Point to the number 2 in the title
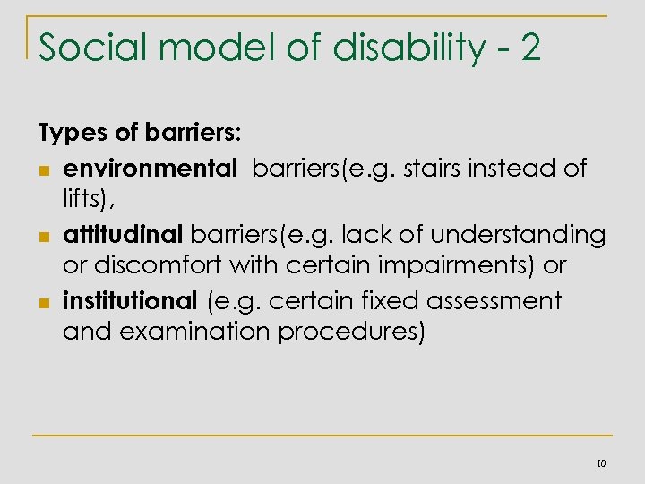coord(530,47)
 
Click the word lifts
coord(82,200)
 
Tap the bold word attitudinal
coord(123,234)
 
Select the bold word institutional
coord(129,300)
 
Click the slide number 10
coord(600,462)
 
